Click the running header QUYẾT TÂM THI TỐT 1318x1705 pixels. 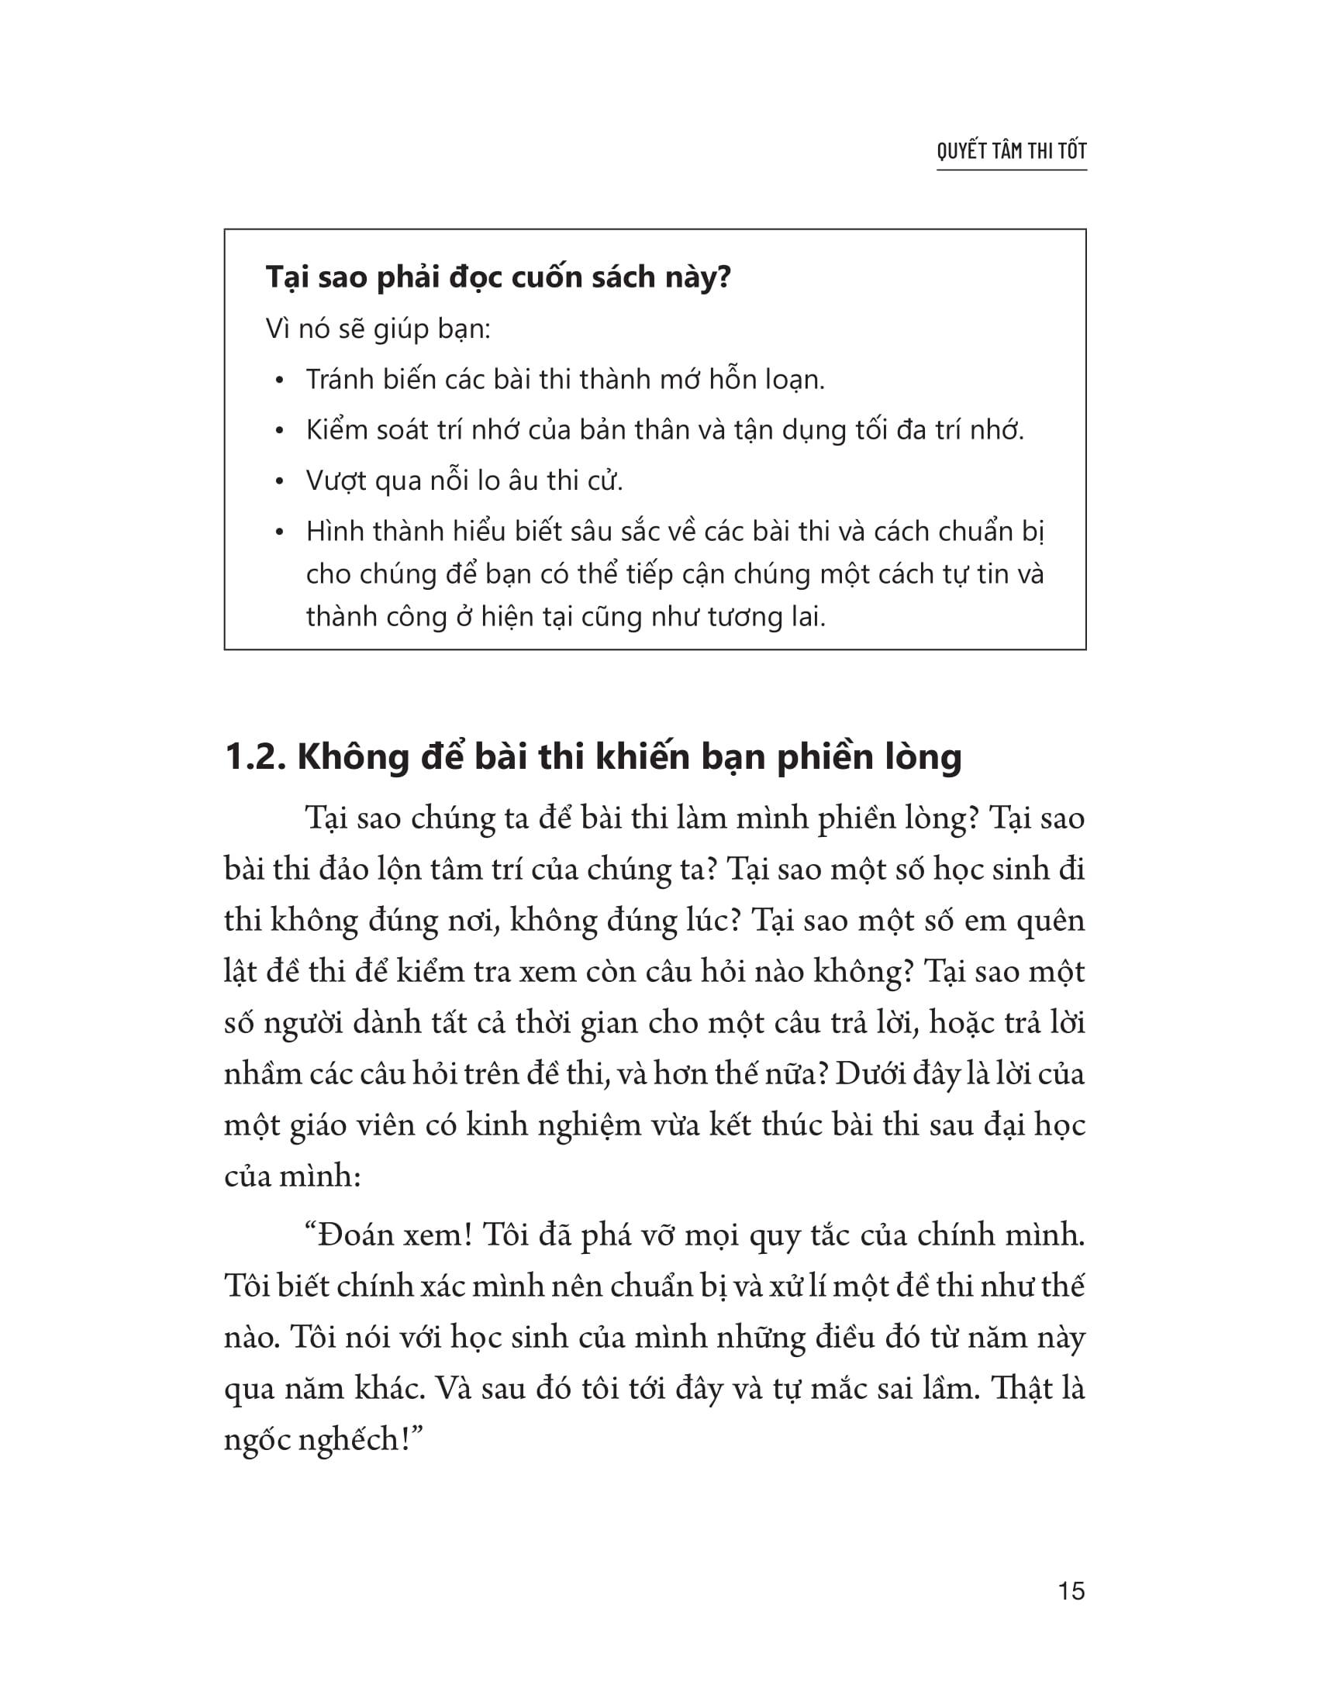coord(1011,150)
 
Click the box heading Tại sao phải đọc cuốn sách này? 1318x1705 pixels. coord(499,278)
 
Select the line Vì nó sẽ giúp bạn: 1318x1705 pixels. coord(378,329)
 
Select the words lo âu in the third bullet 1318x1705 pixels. coord(502,481)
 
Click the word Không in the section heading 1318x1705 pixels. coord(353,757)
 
